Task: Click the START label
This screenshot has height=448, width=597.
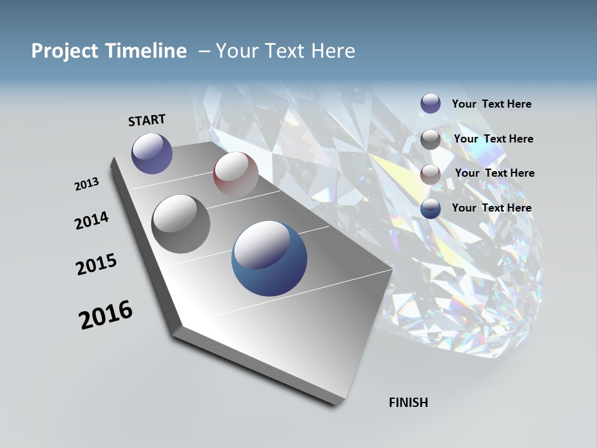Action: point(147,120)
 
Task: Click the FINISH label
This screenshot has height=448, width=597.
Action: point(408,403)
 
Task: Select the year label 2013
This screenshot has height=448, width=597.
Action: point(87,184)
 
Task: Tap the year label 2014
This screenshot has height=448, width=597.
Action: point(92,220)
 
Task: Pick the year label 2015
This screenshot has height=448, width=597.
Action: point(96,264)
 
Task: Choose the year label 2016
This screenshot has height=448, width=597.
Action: point(106,314)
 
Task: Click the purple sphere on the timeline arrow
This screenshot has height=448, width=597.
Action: point(152,153)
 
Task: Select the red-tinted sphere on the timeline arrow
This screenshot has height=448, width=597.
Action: point(236,174)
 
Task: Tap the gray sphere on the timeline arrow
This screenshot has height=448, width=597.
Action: point(181,224)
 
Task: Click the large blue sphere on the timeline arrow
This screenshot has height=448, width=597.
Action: point(269,258)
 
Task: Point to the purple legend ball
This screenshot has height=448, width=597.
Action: point(430,103)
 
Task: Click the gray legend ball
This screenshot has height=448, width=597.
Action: point(430,139)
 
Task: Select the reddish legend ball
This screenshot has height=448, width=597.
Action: point(430,174)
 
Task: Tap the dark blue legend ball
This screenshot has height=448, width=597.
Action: point(430,209)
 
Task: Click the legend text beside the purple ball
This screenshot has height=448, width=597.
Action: point(491,104)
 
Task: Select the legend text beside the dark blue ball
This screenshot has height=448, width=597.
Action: point(491,208)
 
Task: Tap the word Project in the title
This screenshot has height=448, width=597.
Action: point(62,51)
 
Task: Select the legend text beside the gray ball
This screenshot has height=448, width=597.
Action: point(493,139)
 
